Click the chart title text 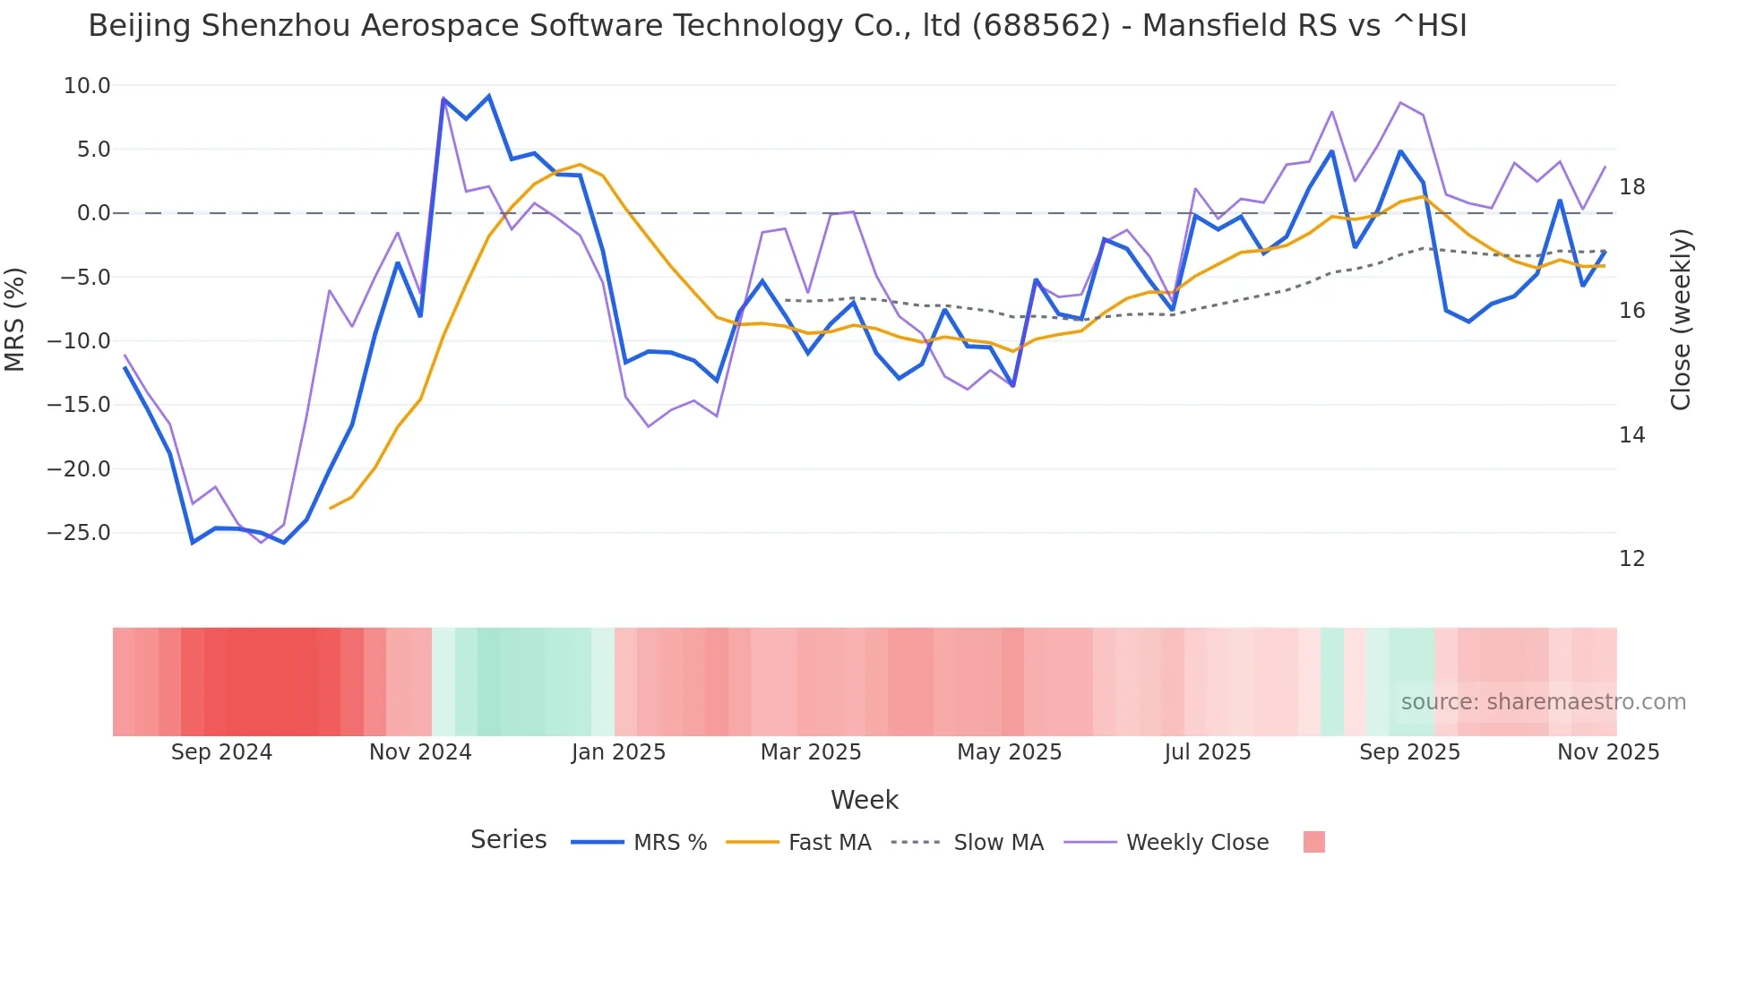pyautogui.click(x=777, y=26)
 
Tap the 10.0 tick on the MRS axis pyautogui.click(x=87, y=86)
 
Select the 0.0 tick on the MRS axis pyautogui.click(x=93, y=213)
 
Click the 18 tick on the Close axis pyautogui.click(x=1631, y=187)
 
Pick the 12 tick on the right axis pyautogui.click(x=1631, y=559)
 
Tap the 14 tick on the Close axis pyautogui.click(x=1631, y=435)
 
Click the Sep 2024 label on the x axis pyautogui.click(x=221, y=752)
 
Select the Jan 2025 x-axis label pyautogui.click(x=618, y=752)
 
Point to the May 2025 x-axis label pyautogui.click(x=1009, y=752)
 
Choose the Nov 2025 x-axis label pyautogui.click(x=1607, y=752)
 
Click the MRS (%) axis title pyautogui.click(x=15, y=319)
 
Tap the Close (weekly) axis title pyautogui.click(x=1681, y=319)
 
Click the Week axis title pyautogui.click(x=864, y=800)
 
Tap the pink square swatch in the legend pyautogui.click(x=1313, y=842)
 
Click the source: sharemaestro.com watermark pyautogui.click(x=1543, y=702)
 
